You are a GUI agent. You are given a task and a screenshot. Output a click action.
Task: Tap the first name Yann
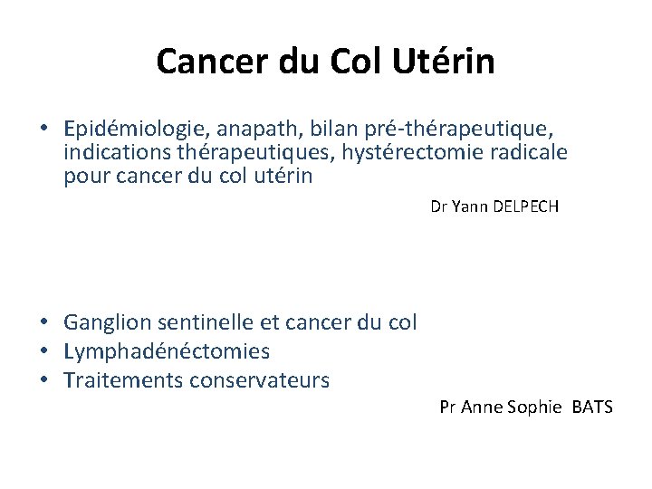tap(469, 206)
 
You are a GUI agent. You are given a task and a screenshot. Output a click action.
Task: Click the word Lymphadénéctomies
tap(167, 350)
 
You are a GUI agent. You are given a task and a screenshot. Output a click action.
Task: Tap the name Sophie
tap(534, 407)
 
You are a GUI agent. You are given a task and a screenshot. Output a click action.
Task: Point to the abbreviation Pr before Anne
tap(447, 407)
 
